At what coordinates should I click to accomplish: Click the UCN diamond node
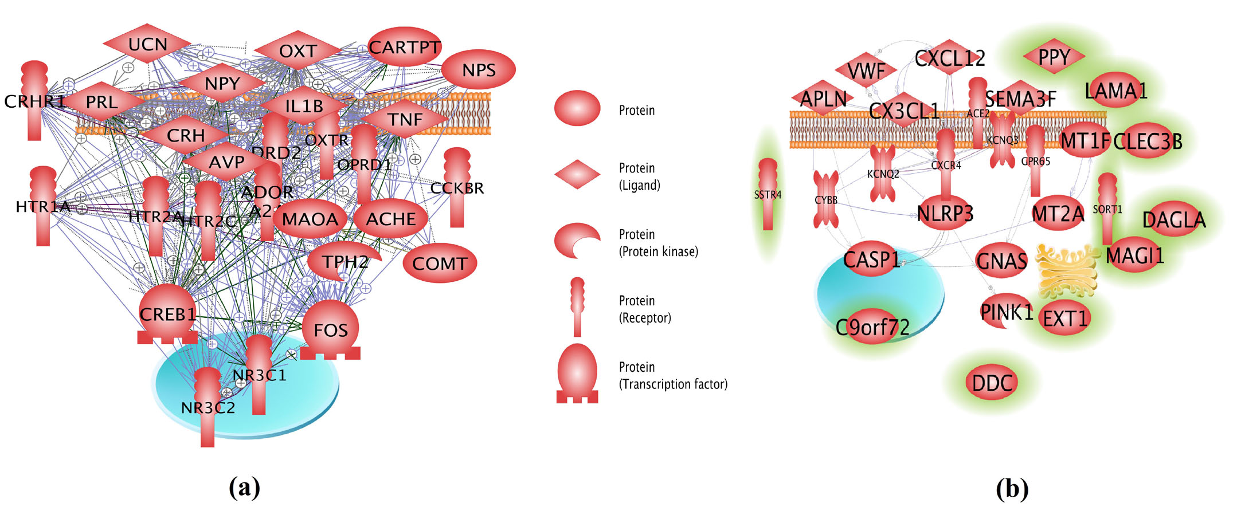pos(147,44)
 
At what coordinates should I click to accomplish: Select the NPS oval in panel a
pos(478,70)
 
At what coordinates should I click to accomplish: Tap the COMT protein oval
pos(440,264)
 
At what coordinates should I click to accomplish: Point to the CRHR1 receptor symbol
pos(34,101)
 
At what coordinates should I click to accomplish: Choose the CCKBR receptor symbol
pos(457,187)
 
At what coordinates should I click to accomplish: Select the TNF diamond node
pos(405,119)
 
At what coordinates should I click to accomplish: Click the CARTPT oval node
pos(404,47)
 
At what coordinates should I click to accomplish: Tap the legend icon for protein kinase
pos(577,241)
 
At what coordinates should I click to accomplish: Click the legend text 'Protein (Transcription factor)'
pos(673,375)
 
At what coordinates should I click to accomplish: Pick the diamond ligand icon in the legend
pos(577,174)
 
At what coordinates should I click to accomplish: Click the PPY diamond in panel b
pos(1054,57)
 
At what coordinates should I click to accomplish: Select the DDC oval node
pos(992,383)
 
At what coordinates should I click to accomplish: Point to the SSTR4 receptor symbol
pos(768,195)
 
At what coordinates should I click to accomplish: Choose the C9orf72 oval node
pos(872,327)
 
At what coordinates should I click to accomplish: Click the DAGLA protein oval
pos(1173,219)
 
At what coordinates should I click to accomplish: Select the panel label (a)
pos(244,488)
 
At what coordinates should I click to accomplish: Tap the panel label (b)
pos(1012,488)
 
